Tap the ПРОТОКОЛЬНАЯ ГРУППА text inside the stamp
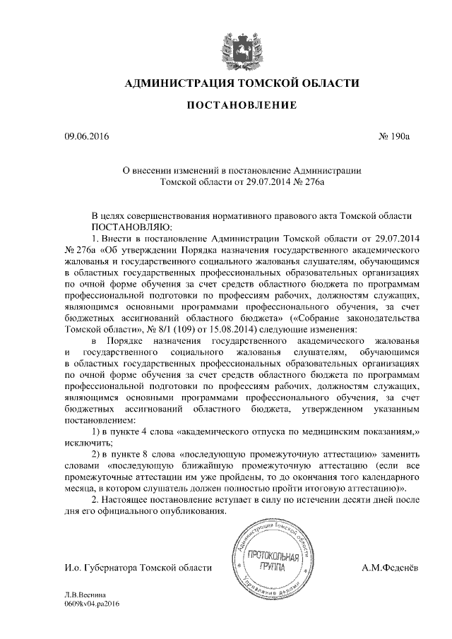click(272, 562)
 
